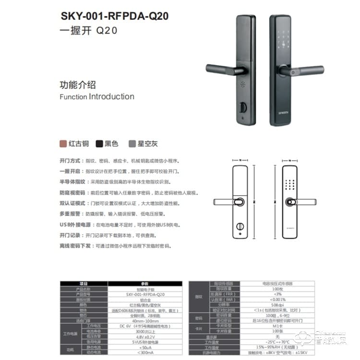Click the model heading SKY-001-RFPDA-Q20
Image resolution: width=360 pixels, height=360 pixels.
point(115,16)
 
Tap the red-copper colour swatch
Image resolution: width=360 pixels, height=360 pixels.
point(62,144)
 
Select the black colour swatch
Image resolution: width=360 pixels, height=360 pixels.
point(99,144)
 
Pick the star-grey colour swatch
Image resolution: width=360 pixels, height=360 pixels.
point(132,144)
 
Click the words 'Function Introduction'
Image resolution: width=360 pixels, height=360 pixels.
point(96,96)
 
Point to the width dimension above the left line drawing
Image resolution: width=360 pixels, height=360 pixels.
point(241,161)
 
